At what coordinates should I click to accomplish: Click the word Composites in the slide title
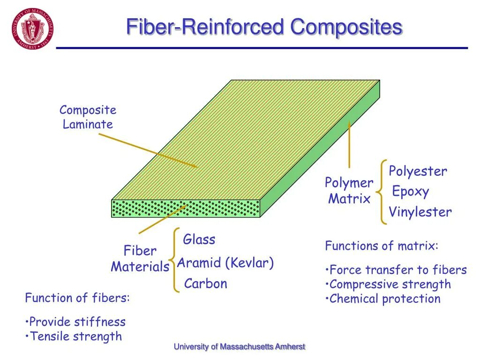click(x=346, y=27)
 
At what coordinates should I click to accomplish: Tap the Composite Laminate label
click(x=88, y=117)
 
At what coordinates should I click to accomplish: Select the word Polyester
click(x=418, y=171)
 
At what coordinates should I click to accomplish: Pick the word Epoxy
click(x=410, y=191)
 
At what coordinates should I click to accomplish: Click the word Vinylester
click(x=420, y=212)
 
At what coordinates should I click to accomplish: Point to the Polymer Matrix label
click(x=349, y=191)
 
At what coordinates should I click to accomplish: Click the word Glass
click(x=199, y=240)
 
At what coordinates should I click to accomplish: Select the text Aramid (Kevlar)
click(x=225, y=263)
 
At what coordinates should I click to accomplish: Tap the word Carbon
click(x=205, y=284)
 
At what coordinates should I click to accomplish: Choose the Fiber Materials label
click(x=140, y=259)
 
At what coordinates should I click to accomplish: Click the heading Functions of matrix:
click(x=382, y=246)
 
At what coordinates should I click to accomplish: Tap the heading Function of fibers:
click(x=77, y=298)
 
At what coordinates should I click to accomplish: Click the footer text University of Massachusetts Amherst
click(x=240, y=347)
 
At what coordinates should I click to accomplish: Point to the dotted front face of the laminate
click(x=186, y=209)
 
